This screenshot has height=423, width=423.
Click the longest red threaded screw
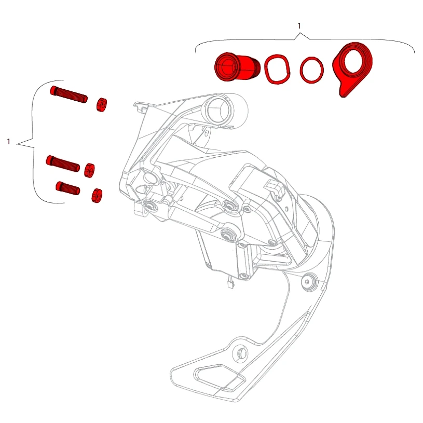pos(69,94)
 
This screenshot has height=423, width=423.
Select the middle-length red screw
pos(63,163)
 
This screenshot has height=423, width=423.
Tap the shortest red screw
pos(68,188)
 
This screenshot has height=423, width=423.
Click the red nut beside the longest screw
pos(101,104)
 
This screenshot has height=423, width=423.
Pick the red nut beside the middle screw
pos(89,170)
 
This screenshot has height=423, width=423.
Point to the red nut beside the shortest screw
pos(97,196)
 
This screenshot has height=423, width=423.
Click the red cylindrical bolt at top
pos(237,66)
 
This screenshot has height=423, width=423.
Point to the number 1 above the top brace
pos(299,26)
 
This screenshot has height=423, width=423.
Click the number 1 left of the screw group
pos(9,141)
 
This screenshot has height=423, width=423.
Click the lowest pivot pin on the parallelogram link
pos(228,234)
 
